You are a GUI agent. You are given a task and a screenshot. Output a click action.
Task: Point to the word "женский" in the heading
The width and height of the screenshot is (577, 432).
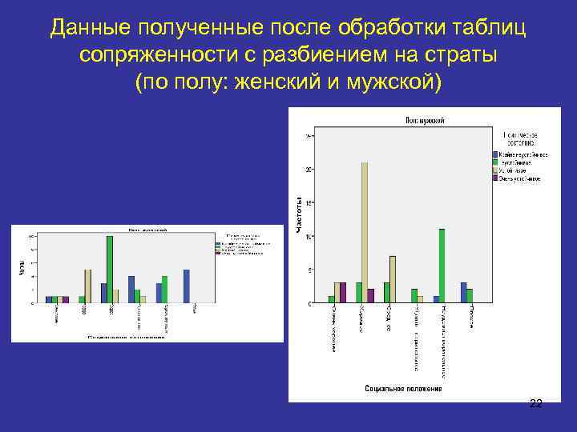coord(277,82)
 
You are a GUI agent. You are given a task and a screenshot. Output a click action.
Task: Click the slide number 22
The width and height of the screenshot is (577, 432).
coord(536,404)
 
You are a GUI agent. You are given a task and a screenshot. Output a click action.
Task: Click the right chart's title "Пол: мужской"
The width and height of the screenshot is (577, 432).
coord(425,120)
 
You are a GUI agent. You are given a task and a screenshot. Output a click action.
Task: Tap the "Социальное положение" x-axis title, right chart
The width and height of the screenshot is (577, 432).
coord(403,389)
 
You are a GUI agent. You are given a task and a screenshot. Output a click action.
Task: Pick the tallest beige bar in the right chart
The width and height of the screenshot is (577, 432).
coord(365,232)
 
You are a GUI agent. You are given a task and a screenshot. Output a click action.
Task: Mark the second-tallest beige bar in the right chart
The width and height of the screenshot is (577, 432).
coord(392,279)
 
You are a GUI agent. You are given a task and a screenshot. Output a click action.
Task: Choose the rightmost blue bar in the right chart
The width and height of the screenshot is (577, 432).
coord(463,293)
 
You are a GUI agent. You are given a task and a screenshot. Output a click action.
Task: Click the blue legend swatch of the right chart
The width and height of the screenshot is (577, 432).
coord(495,154)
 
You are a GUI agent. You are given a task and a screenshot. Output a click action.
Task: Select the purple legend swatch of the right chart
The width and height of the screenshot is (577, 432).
coord(495,178)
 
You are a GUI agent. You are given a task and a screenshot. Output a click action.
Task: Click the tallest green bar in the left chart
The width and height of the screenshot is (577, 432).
coord(110,270)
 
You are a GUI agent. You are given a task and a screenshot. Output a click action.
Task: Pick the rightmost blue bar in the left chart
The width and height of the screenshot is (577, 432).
coord(187,286)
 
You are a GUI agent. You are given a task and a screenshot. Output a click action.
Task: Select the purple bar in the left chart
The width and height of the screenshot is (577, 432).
coord(66,300)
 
